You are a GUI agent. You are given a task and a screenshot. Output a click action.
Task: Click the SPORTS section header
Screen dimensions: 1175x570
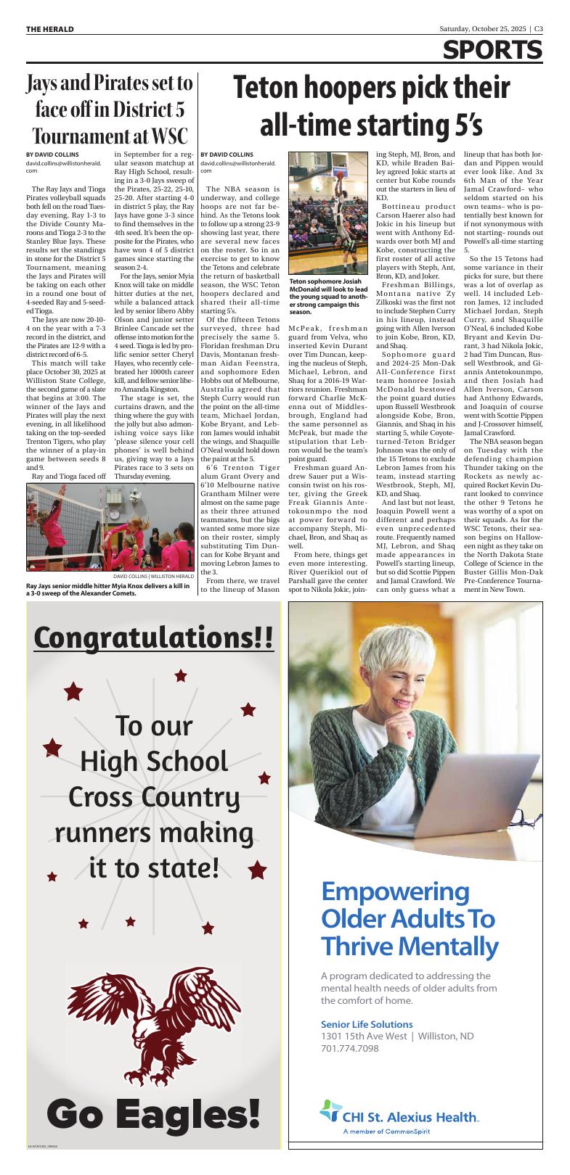(x=493, y=51)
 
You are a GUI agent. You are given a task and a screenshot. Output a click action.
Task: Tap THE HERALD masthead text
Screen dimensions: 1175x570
(x=50, y=29)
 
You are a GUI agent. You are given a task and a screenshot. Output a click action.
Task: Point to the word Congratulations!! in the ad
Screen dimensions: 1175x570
(x=154, y=638)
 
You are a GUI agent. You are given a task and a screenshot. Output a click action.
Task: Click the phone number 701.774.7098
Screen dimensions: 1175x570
(x=350, y=1049)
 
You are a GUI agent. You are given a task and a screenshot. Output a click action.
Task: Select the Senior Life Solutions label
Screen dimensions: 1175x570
(x=367, y=1024)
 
